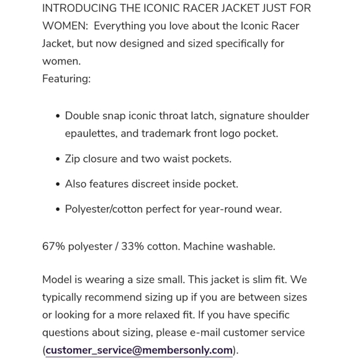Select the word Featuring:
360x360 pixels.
pyautogui.click(x=66, y=79)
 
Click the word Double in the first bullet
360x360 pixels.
pyautogui.click(x=83, y=116)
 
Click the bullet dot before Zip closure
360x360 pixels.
pyautogui.click(x=58, y=160)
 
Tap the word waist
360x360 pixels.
pyautogui.click(x=178, y=159)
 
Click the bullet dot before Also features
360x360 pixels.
pyautogui.click(x=58, y=184)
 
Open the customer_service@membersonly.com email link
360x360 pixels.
pyautogui.click(x=139, y=350)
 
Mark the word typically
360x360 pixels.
pyautogui.click(x=66, y=297)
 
